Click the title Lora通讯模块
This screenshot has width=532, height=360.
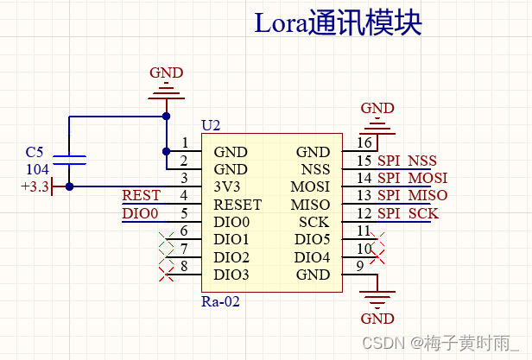tap(338, 22)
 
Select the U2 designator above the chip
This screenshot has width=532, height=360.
tap(211, 126)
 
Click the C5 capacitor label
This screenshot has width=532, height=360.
tap(35, 152)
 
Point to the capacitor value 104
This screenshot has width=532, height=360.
tap(36, 169)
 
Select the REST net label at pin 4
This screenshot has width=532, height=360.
tap(141, 196)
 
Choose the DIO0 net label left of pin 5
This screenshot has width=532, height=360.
tap(140, 213)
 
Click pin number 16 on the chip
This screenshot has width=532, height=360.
tap(364, 143)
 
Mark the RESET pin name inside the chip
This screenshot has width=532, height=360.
tap(237, 205)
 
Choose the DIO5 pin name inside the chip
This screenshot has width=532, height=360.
tap(312, 240)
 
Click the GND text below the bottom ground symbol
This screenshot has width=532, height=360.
tap(377, 319)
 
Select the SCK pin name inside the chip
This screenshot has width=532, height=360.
tap(313, 223)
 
